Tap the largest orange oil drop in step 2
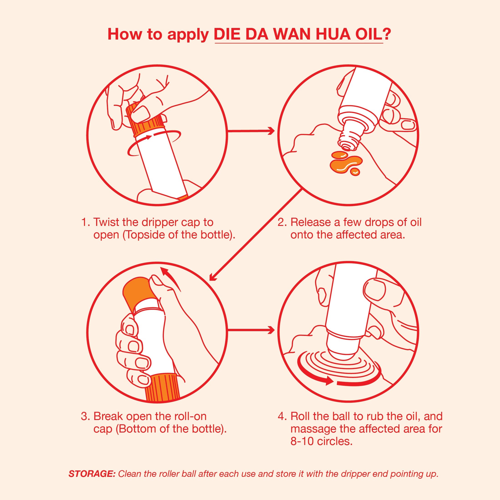[343, 164]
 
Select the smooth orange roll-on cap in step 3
[136, 291]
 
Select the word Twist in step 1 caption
[106, 222]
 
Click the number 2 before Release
[281, 222]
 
